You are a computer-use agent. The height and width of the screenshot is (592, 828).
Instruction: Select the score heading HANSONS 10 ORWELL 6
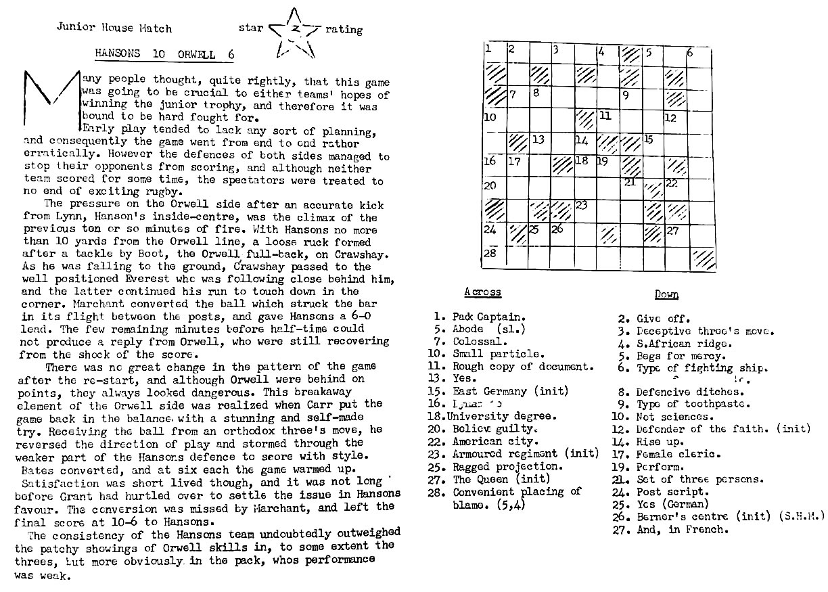(164, 54)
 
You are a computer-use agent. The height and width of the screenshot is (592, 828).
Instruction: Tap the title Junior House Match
(114, 28)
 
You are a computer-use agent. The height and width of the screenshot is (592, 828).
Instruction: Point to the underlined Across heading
(482, 292)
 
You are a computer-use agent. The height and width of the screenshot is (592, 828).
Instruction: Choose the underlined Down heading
(666, 294)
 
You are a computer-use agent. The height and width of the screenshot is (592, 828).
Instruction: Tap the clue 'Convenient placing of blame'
(517, 498)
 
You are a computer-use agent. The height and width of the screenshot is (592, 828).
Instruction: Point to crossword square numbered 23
(586, 212)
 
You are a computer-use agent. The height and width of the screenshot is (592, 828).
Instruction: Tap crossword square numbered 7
(518, 99)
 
